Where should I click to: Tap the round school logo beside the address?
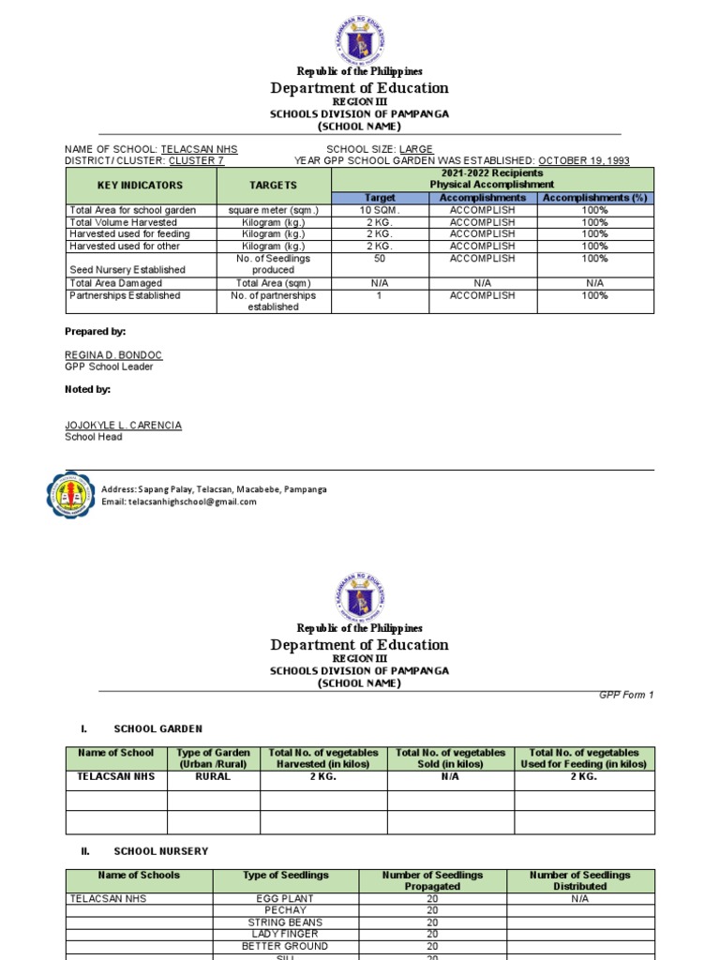tap(71, 495)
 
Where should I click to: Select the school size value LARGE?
tap(416, 149)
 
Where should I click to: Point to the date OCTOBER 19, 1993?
tap(583, 160)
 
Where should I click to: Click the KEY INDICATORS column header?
tap(141, 186)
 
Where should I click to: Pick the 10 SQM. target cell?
tap(381, 211)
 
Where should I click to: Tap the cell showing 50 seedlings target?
tap(381, 258)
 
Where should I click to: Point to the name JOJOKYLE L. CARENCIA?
tap(123, 425)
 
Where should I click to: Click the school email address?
tap(178, 502)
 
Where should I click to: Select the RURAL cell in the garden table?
tap(214, 777)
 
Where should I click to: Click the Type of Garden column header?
tap(214, 758)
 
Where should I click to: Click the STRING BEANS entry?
tap(286, 922)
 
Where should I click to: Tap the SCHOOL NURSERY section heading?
tap(160, 850)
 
